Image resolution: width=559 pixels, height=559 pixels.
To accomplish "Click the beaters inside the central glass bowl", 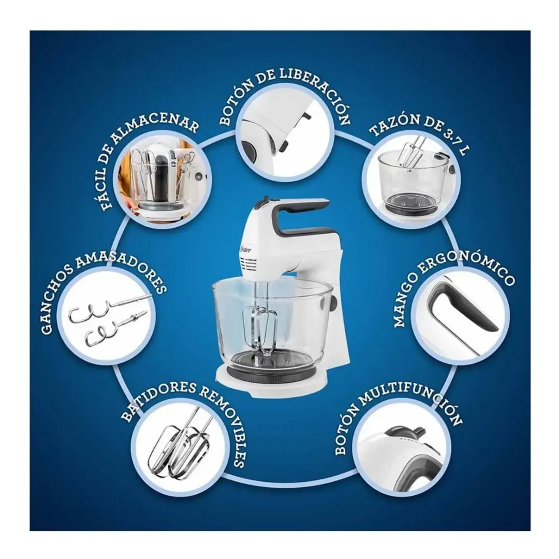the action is [x=259, y=330].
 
